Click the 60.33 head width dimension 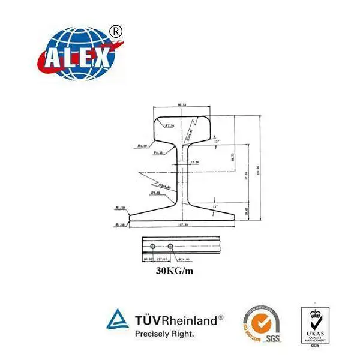[x=182, y=105]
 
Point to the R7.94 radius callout [x=169, y=126]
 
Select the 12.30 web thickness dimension [x=194, y=162]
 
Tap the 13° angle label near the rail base [x=215, y=206]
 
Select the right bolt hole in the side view [x=171, y=246]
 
